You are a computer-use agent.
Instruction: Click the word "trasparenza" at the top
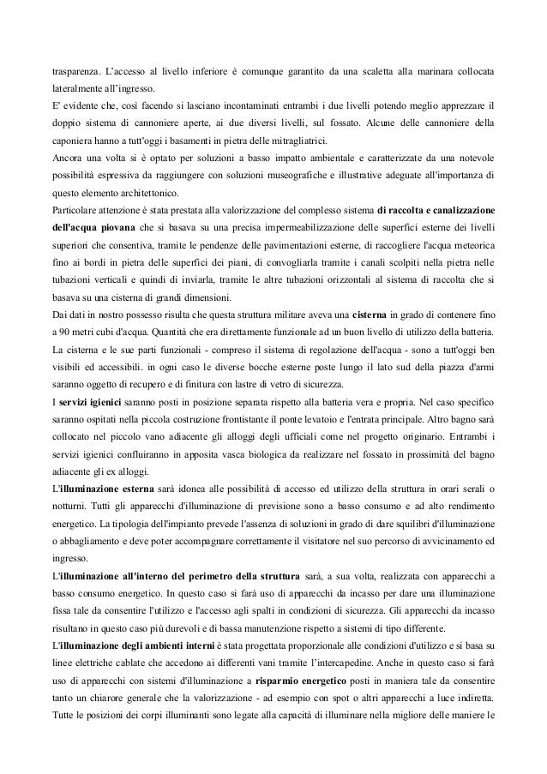[73, 67]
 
